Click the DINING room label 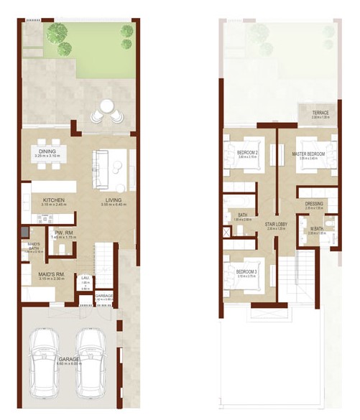pos(48,151)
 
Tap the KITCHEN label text pos(55,200)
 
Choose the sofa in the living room pos(101,167)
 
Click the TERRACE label pos(321,113)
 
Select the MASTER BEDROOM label pos(309,154)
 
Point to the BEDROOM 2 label pos(247,152)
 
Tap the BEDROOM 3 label pos(247,271)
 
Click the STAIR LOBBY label pos(276,224)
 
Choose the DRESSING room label pos(314,204)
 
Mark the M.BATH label pos(318,229)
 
